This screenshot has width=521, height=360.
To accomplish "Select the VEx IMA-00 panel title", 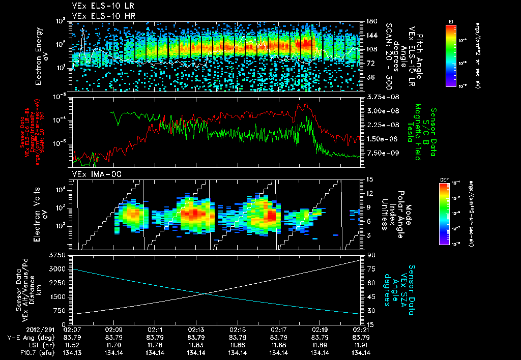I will [93, 174].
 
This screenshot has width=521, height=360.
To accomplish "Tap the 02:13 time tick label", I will [196, 329].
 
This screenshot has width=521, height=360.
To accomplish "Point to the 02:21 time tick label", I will [360, 329].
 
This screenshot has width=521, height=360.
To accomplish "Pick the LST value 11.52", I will [72, 345].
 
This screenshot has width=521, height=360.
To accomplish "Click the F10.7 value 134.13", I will [72, 352].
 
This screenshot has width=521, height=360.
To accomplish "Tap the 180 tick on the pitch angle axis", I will [371, 21].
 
